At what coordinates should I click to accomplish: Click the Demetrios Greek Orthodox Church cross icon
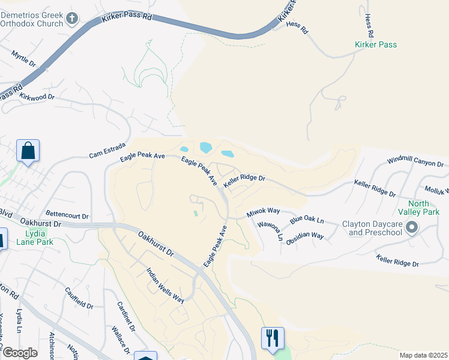coord(72,19)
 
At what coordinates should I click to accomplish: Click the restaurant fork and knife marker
coord(272,338)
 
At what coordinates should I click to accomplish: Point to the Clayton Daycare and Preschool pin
coord(412,228)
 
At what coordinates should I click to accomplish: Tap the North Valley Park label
coord(418,207)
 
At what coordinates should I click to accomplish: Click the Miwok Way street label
coord(264,212)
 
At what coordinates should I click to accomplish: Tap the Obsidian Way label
coord(306,236)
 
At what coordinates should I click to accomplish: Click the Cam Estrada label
coord(107,148)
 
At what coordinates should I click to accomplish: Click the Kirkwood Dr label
coord(37,97)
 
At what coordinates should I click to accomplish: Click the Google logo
coord(19,353)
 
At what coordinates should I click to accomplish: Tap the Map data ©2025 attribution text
coord(423,355)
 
